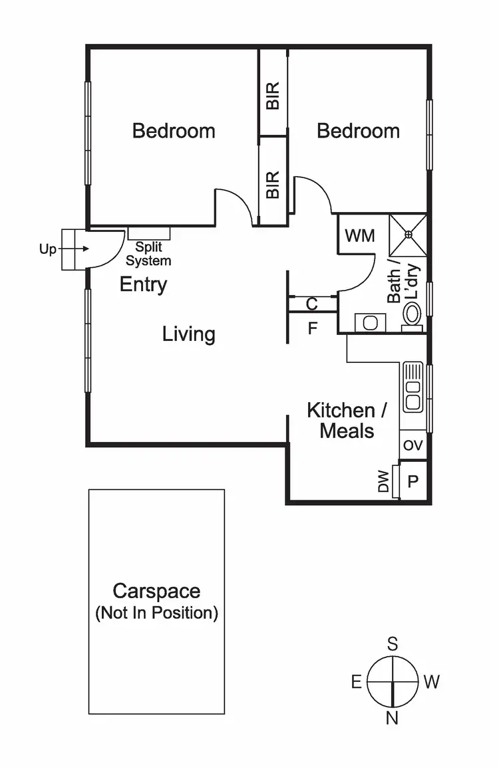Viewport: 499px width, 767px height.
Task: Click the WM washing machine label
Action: (360, 236)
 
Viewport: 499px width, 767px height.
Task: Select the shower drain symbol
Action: (408, 233)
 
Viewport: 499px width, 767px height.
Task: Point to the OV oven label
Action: (413, 445)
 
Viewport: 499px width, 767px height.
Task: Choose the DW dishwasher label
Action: (383, 482)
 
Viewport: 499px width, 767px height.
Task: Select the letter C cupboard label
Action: (311, 304)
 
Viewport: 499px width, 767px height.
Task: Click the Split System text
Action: (148, 254)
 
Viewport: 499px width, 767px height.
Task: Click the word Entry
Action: (143, 285)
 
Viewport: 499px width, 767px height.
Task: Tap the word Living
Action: (189, 334)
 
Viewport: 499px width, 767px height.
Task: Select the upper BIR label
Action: (273, 96)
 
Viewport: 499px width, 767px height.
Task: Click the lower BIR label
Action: (273, 185)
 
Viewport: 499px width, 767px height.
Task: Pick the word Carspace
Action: (156, 591)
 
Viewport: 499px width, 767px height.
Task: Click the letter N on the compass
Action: (393, 718)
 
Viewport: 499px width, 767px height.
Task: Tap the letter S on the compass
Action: (393, 643)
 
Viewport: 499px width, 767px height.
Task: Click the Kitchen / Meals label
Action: (346, 420)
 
